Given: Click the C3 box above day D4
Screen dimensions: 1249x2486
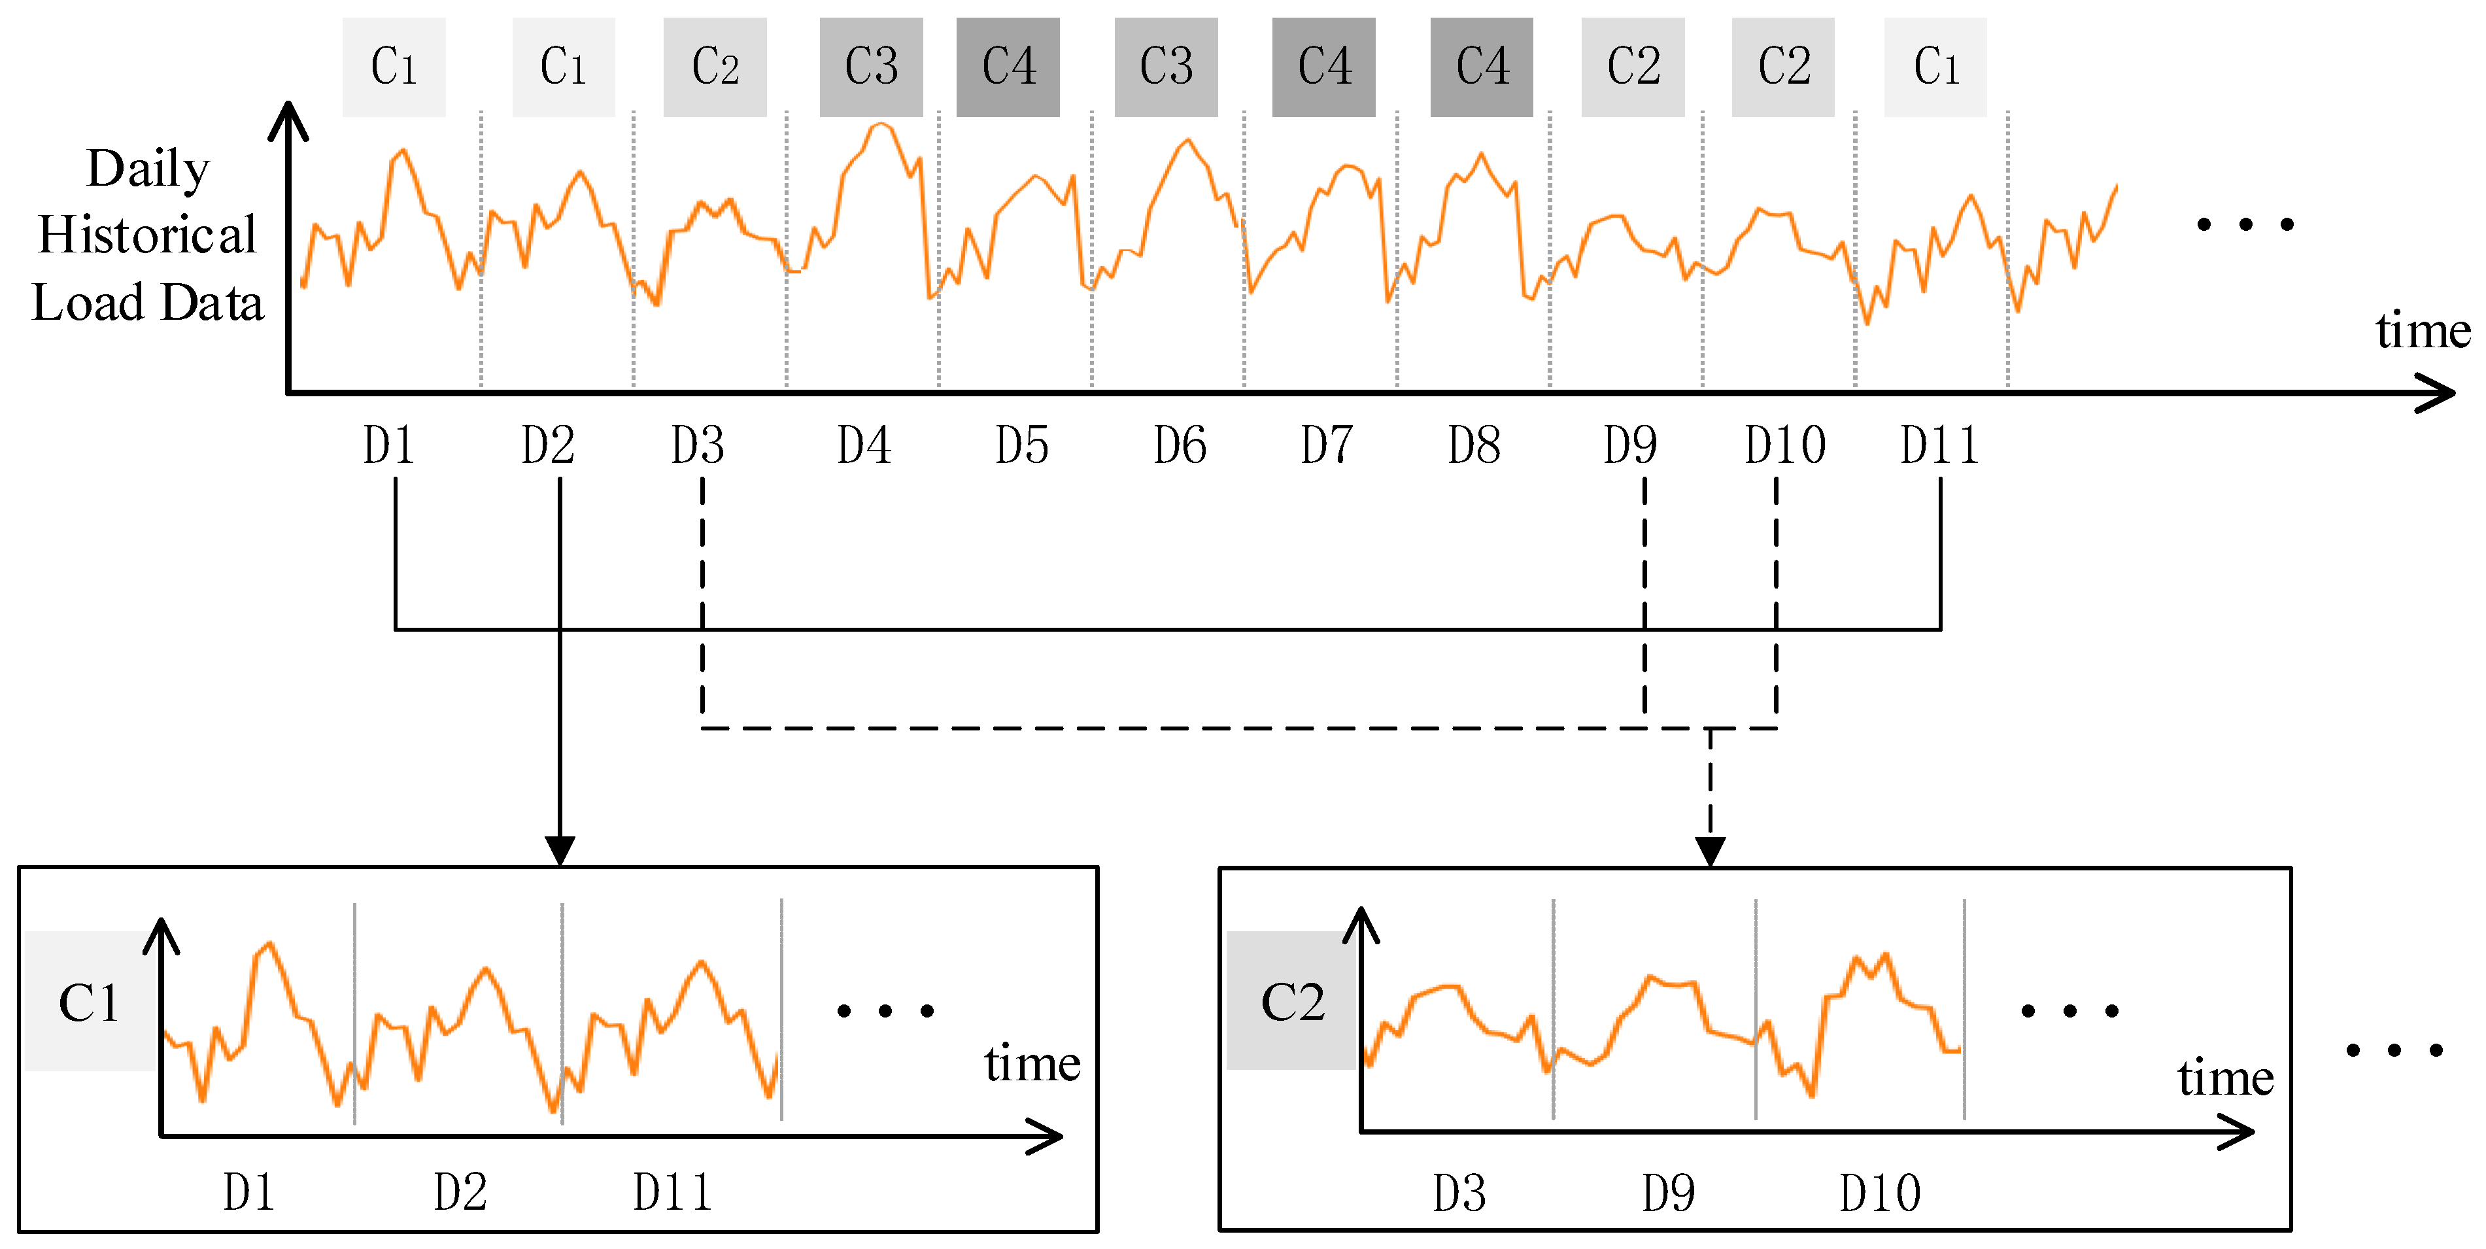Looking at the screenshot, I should pos(870,67).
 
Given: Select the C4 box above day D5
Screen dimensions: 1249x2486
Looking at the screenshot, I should pos(1008,67).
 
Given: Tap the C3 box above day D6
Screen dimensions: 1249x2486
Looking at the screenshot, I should pos(1166,67).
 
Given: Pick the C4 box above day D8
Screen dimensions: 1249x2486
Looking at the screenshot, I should pos(1482,67).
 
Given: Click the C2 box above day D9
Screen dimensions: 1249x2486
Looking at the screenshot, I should pos(1633,67).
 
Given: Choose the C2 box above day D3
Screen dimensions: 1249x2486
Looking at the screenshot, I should pos(715,67).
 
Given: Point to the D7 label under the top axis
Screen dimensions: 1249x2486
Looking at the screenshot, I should pos(1326,446).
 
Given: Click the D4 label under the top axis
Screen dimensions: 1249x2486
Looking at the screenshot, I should pos(864,446).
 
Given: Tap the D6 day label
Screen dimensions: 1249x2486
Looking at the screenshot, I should pos(1180,446).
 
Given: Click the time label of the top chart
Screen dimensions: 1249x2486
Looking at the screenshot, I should pos(2423,330).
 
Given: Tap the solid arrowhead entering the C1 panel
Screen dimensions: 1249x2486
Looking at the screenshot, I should pos(560,850).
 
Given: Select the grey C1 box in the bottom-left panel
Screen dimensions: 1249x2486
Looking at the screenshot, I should pos(89,1002).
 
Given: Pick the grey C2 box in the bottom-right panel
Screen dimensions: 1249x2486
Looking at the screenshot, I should pos(1292,1002).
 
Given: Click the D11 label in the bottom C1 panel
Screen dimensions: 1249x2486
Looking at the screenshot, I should pos(673,1193).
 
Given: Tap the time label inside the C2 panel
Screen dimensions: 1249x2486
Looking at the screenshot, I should pos(2225,1077).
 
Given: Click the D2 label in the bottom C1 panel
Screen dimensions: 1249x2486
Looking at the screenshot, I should pos(460,1193).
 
